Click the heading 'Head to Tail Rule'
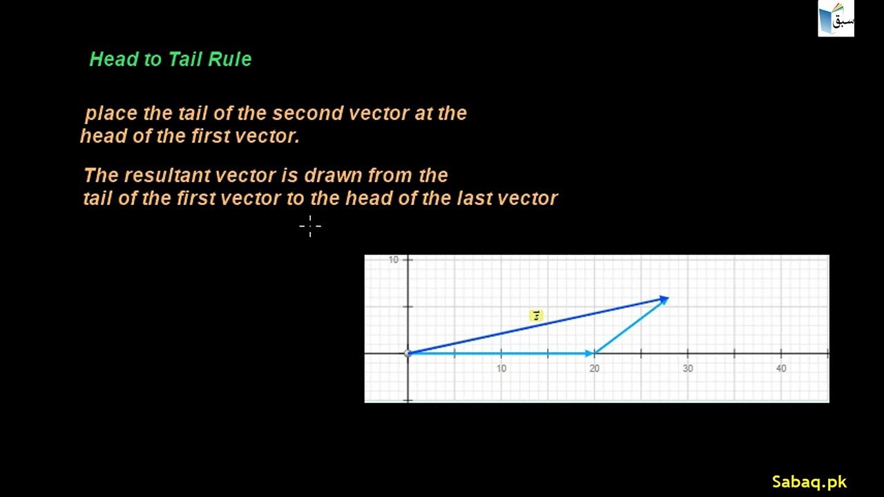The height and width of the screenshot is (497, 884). click(170, 59)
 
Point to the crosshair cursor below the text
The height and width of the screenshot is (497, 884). click(310, 226)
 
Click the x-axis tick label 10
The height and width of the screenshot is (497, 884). click(501, 369)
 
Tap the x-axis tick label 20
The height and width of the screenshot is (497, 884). click(595, 369)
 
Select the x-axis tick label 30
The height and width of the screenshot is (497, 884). click(688, 369)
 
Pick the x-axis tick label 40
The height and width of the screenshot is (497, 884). click(781, 369)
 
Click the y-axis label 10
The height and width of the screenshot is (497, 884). click(394, 260)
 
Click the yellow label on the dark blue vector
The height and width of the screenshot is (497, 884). click(536, 315)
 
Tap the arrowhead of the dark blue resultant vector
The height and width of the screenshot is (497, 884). click(664, 300)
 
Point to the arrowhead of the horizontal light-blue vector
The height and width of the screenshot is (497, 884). click(589, 353)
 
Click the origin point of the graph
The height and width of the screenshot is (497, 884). click(408, 353)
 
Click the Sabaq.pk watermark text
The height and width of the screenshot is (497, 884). click(809, 482)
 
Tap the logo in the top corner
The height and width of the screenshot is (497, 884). click(836, 19)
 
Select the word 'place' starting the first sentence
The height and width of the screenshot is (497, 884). click(110, 113)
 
